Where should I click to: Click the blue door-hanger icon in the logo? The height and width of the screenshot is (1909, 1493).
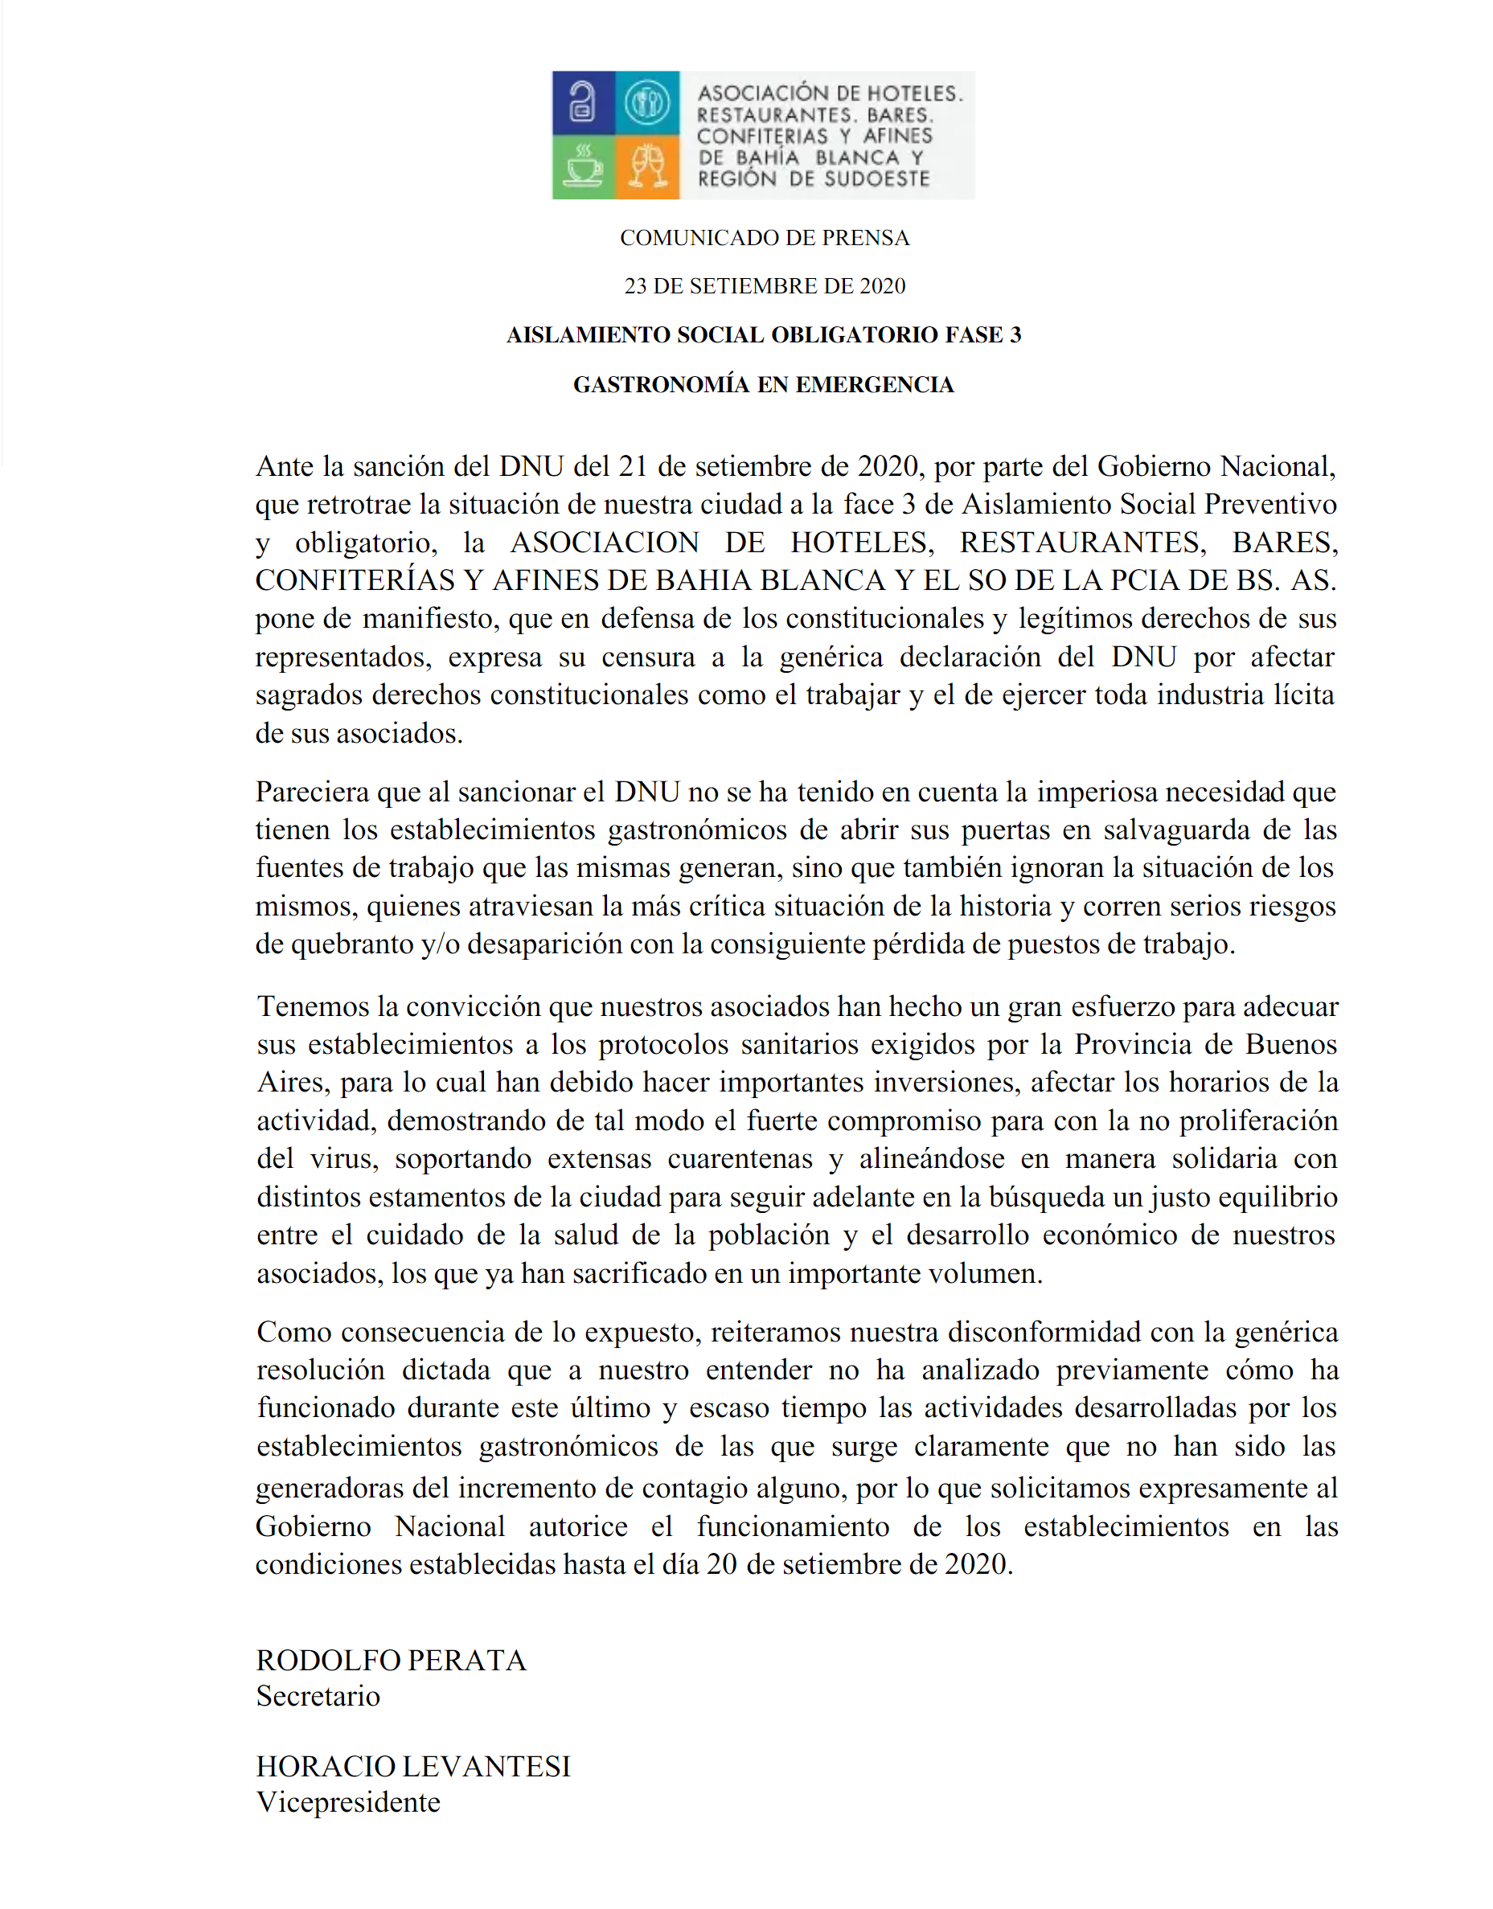point(583,102)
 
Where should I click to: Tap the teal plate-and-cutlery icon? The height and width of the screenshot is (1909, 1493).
point(647,102)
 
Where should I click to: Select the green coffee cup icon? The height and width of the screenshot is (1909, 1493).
point(583,166)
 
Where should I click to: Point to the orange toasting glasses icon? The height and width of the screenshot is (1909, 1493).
point(648,166)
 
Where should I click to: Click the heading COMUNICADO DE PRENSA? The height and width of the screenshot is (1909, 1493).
point(764,238)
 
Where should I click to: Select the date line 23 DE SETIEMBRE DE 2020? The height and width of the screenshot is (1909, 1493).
point(764,286)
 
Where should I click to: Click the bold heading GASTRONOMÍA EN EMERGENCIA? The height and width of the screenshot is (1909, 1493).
point(763,384)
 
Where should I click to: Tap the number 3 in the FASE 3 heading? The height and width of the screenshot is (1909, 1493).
point(1015,334)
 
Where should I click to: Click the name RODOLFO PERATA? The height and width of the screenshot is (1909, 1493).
point(391,1660)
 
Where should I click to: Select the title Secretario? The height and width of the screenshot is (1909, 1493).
point(318,1696)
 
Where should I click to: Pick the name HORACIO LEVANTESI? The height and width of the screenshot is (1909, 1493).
point(412,1766)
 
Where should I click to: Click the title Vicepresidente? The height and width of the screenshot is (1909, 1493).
point(348,1801)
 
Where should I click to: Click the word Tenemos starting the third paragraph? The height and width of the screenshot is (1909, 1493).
point(313,1006)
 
